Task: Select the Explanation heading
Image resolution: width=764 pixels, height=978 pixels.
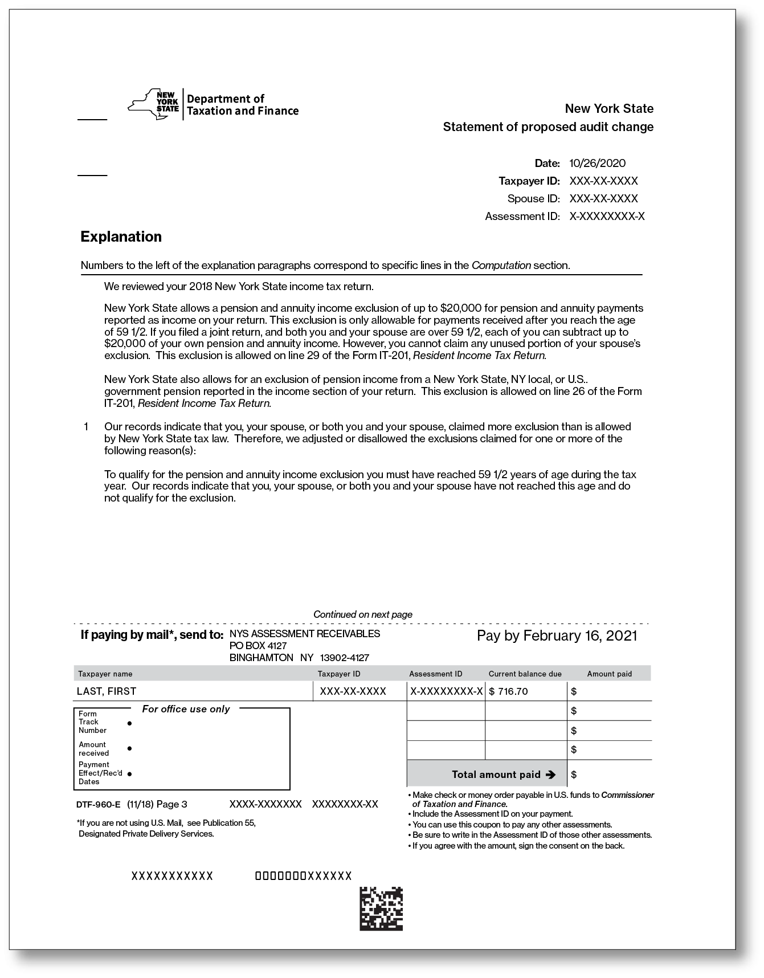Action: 121,237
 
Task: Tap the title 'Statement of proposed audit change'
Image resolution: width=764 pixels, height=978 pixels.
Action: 548,127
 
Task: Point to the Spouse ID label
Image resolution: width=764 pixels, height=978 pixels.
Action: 533,199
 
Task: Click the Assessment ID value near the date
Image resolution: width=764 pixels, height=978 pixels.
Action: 607,217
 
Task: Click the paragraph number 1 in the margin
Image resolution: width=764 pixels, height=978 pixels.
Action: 86,427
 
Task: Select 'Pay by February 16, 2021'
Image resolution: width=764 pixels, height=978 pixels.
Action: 557,636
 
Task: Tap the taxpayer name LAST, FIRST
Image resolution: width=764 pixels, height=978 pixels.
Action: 107,691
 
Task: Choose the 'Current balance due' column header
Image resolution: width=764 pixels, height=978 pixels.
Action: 525,674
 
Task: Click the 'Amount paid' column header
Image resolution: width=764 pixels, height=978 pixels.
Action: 609,674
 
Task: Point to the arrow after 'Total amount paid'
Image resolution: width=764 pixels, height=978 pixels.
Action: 550,775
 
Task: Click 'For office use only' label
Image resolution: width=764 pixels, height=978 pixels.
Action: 186,709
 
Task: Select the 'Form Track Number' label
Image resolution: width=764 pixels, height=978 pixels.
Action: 92,722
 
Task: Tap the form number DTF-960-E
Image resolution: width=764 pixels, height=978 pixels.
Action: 99,805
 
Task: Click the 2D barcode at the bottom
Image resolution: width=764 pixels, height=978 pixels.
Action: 381,908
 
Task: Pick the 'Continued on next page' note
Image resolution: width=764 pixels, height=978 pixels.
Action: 362,614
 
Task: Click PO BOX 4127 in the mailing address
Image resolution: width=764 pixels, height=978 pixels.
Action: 258,646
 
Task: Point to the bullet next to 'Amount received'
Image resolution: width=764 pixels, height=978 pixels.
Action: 130,748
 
